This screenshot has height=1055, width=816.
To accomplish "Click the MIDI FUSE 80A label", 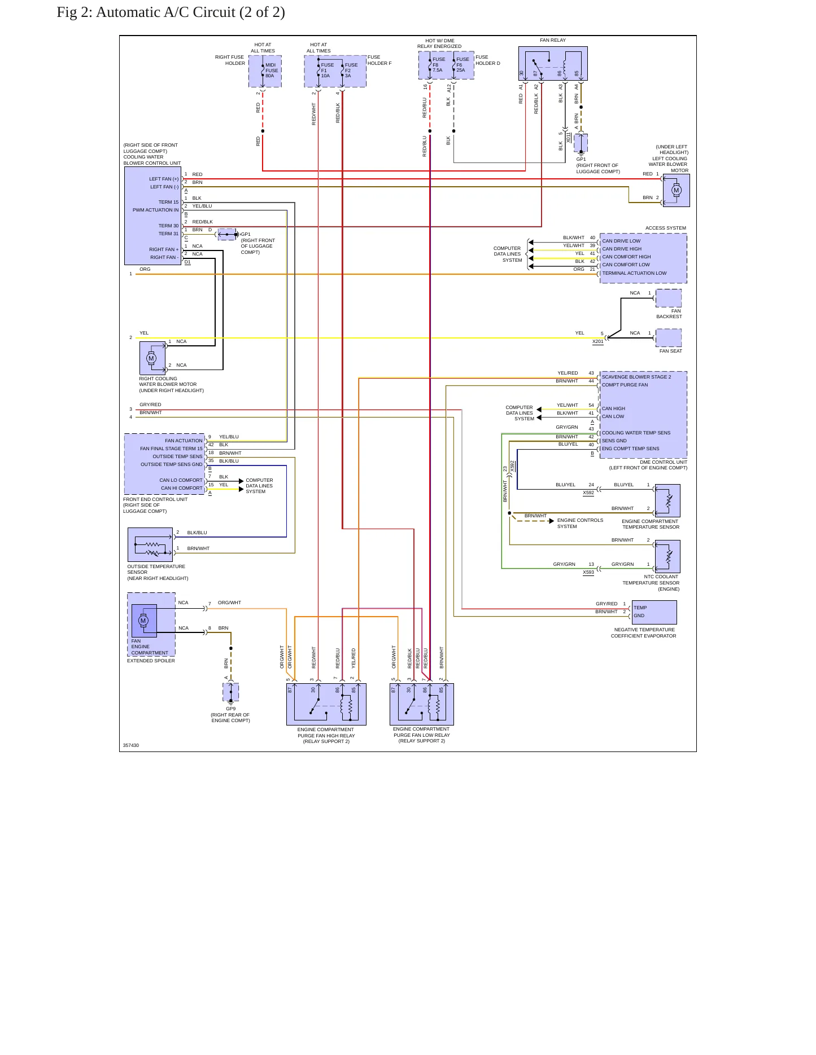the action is (272, 71).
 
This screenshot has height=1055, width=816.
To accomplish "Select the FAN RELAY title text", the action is (552, 40).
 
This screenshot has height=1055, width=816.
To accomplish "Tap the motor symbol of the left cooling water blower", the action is (676, 190).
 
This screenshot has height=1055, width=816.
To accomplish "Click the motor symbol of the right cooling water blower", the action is (151, 358).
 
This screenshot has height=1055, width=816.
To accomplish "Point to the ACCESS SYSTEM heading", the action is (666, 228).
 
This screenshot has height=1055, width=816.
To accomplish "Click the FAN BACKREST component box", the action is (669, 298).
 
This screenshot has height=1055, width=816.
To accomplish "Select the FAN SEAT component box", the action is (669, 338).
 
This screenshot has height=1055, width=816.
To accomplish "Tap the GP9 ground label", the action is (230, 709).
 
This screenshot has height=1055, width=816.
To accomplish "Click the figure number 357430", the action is (131, 745).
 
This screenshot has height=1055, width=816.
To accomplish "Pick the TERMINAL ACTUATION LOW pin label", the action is (634, 273).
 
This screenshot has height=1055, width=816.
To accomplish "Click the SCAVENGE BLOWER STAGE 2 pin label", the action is (636, 377).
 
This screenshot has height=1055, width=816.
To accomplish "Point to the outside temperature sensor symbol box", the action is (150, 544).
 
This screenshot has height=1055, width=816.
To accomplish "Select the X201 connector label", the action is (598, 341).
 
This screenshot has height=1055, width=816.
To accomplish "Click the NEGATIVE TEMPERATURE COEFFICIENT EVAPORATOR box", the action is (654, 612).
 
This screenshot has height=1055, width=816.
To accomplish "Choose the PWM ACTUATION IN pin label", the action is (155, 210).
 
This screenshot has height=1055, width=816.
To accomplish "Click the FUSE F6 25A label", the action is (462, 65).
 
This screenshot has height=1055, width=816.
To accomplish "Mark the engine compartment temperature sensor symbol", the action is (667, 500).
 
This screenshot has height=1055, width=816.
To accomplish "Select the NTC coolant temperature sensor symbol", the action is (667, 556).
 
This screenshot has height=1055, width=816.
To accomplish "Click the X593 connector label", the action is (588, 572).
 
